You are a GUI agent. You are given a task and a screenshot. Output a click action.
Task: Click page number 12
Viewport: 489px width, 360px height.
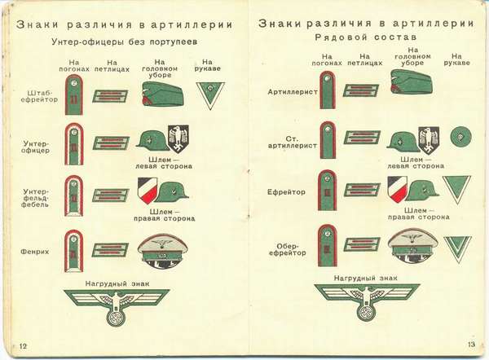(24, 346)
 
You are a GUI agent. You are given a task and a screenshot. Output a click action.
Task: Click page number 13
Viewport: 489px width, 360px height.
(471, 345)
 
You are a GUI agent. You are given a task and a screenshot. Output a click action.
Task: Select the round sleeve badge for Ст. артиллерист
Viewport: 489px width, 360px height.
(459, 135)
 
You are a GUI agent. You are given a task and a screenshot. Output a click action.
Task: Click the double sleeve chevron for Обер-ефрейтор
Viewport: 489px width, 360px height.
(458, 248)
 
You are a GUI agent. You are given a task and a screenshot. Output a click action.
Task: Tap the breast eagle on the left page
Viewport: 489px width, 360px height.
(116, 305)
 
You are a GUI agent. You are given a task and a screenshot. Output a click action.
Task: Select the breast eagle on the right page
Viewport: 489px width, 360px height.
(367, 300)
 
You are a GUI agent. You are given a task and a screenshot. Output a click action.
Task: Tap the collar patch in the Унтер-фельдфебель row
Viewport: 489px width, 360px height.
(111, 195)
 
